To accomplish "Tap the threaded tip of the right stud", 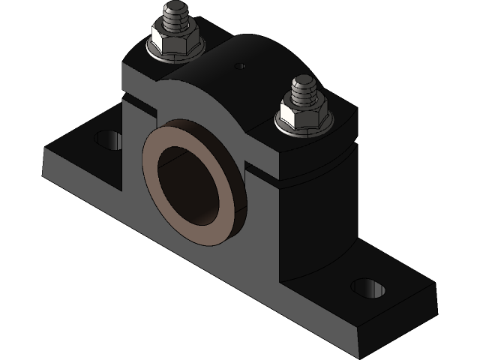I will pos(304,87).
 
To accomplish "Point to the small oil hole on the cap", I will pos(240,66).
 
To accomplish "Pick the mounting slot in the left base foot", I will pos(107,139).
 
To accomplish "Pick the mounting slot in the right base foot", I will pos(367,286).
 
